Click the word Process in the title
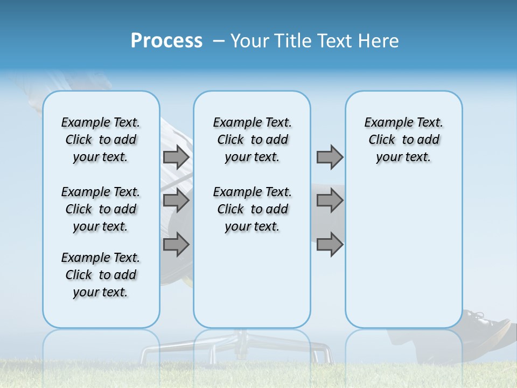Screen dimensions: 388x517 [x=166, y=41]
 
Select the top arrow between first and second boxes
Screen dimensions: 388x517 [x=176, y=157]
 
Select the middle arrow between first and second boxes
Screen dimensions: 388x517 [x=176, y=201]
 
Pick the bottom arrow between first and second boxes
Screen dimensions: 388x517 [x=176, y=245]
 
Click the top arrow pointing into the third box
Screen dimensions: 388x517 [x=330, y=157]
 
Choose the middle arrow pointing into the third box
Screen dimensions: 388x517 [x=330, y=201]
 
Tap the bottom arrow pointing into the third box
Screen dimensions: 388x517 [x=330, y=245]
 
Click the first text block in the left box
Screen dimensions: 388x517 [x=101, y=140]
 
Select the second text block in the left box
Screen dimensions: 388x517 [x=101, y=209]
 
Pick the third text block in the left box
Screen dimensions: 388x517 [x=101, y=275]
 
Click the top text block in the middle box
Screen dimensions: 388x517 [x=253, y=140]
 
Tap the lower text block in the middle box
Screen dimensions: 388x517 [x=253, y=209]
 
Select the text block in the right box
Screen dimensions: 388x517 [x=404, y=140]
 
